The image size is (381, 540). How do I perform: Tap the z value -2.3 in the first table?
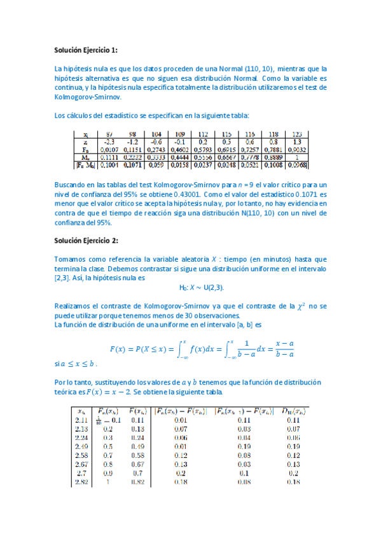pos(109,142)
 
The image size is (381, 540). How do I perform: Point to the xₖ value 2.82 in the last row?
pos(81,483)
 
